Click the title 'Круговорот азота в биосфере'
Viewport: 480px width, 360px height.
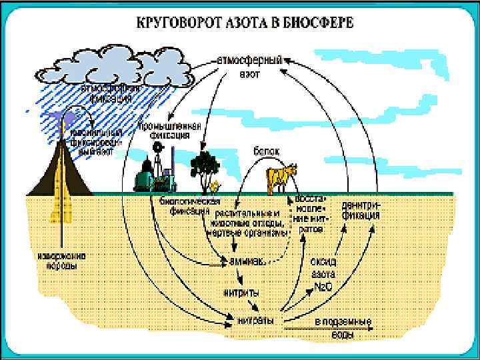pyautogui.click(x=245, y=21)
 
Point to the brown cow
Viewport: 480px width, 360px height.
pyautogui.click(x=278, y=177)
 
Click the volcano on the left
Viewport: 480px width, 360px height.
pyautogui.click(x=59, y=167)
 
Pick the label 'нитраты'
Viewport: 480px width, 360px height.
pyautogui.click(x=255, y=321)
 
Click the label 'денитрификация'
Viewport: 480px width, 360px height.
pyautogui.click(x=361, y=211)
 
